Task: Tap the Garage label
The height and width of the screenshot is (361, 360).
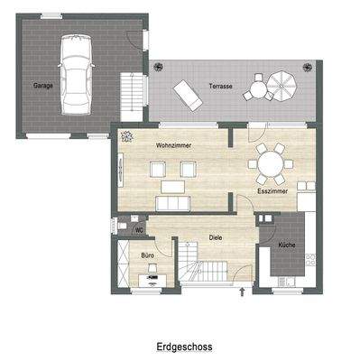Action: pos(42,87)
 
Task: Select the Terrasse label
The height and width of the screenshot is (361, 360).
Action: pos(219,87)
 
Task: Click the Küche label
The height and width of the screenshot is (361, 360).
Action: pos(287,245)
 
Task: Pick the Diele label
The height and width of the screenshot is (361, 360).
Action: pos(217,237)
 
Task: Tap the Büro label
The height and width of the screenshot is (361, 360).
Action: pos(147,256)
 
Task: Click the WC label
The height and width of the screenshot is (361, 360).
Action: pos(139,230)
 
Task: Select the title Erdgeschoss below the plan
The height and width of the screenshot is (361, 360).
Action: pos(184,344)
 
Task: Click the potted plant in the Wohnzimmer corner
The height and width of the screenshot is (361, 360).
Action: pos(125,137)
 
